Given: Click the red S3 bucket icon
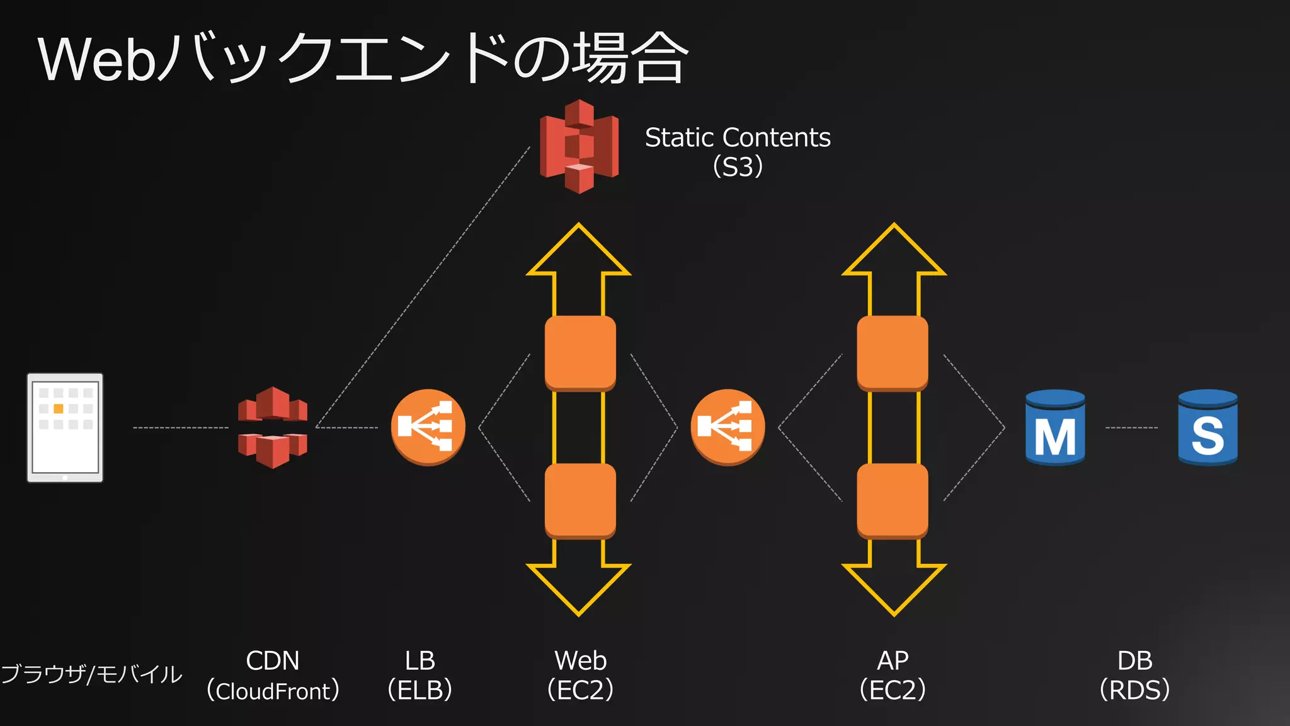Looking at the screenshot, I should pyautogui.click(x=579, y=146).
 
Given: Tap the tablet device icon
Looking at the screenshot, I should pyautogui.click(x=65, y=428).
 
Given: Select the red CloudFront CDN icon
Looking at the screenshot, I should pyautogui.click(x=273, y=427).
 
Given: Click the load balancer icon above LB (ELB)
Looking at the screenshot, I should pyautogui.click(x=428, y=427).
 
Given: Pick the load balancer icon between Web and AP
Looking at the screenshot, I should pyautogui.click(x=728, y=427).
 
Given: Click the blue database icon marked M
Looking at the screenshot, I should pyautogui.click(x=1055, y=427).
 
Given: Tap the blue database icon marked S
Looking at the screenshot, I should pyautogui.click(x=1207, y=427).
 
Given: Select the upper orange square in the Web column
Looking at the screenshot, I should pyautogui.click(x=580, y=353).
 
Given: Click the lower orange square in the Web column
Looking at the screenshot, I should pyautogui.click(x=580, y=501).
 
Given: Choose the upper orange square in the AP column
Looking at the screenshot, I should pyautogui.click(x=893, y=353).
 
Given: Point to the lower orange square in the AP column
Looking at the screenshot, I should pyautogui.click(x=893, y=501).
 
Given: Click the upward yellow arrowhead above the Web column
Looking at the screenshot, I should pyautogui.click(x=579, y=252).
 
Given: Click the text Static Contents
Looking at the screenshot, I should pyautogui.click(x=738, y=137).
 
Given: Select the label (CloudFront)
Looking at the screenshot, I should pyautogui.click(x=273, y=691).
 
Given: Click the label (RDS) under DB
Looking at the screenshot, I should pyautogui.click(x=1134, y=690).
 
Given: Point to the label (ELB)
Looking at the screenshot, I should pyautogui.click(x=420, y=690).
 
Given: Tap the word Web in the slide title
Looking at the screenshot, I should pyautogui.click(x=96, y=60).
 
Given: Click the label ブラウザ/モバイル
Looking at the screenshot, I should pyautogui.click(x=91, y=674).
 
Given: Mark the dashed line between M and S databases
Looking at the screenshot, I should pyautogui.click(x=1131, y=428).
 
